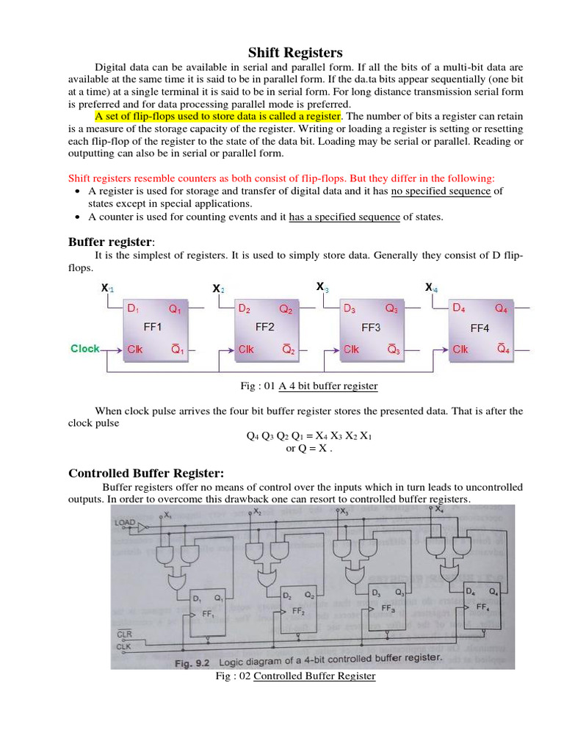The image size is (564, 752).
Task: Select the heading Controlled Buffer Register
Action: pyautogui.click(x=146, y=472)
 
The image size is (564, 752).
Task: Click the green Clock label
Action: pyautogui.click(x=85, y=349)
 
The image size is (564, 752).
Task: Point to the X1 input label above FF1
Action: pyautogui.click(x=108, y=289)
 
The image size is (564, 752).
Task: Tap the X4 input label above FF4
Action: pyautogui.click(x=431, y=287)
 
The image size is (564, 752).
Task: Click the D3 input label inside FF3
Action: pyautogui.click(x=350, y=309)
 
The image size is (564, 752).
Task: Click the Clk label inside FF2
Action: pyautogui.click(x=246, y=350)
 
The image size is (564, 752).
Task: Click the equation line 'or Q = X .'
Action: pyautogui.click(x=308, y=449)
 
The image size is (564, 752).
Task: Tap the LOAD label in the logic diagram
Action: pyautogui.click(x=125, y=522)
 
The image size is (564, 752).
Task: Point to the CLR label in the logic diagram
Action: pyautogui.click(x=124, y=634)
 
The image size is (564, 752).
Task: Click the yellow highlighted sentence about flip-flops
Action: pyautogui.click(x=218, y=116)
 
